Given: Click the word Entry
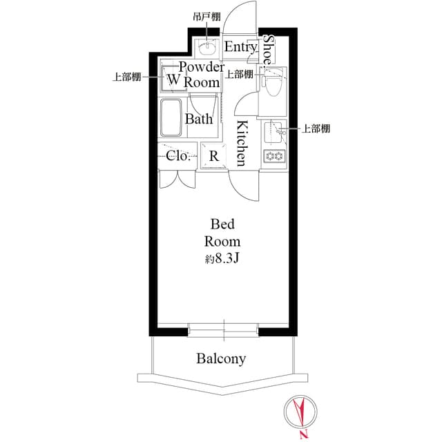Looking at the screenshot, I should click(241, 47).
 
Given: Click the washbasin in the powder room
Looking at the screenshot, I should click(207, 48).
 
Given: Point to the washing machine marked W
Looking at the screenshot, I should click(173, 79).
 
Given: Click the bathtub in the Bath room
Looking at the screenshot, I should click(171, 118).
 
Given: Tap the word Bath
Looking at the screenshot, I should click(198, 119).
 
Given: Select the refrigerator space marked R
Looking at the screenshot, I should click(214, 156).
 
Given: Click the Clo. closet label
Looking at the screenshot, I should click(178, 155).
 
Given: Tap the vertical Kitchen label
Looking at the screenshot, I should click(242, 143).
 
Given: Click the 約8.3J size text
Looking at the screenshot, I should click(222, 259).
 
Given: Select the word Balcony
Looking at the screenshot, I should click(221, 359).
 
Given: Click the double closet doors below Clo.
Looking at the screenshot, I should click(177, 177).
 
